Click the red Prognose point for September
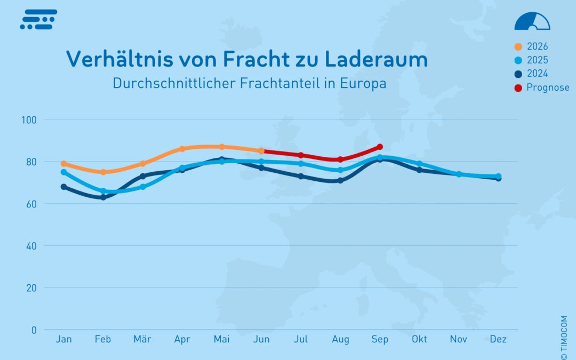380,147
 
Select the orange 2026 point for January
64,164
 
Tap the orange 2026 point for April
182,149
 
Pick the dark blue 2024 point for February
103,197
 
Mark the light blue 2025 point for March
143,187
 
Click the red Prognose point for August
340,159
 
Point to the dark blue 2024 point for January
64,187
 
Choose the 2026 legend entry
531,46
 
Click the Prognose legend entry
542,88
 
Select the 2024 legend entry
531,74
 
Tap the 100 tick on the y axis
29,120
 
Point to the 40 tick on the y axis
31,246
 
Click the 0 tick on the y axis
34,330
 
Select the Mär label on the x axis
142,339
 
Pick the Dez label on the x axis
498,339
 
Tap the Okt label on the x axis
419,339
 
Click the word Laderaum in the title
376,59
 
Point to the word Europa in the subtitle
363,83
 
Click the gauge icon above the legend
532,21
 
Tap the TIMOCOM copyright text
564,337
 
